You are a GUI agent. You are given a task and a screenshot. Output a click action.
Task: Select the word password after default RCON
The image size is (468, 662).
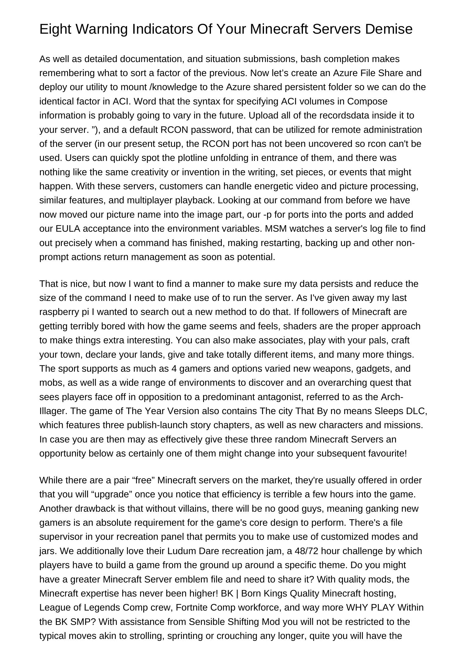[211, 129]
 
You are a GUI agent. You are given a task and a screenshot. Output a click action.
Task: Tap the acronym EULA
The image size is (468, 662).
[68, 229]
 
